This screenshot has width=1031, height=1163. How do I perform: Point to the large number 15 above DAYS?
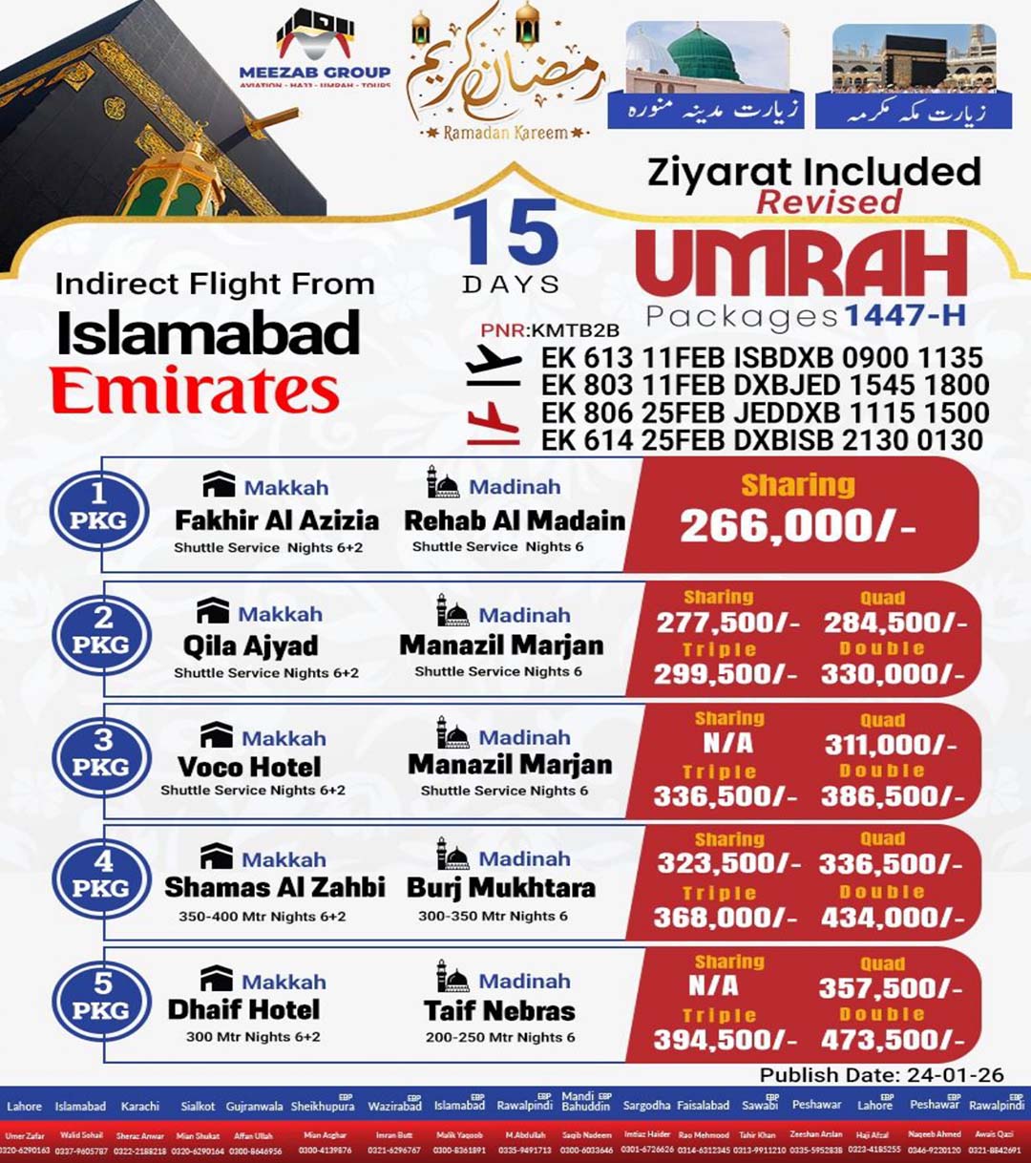pyautogui.click(x=505, y=234)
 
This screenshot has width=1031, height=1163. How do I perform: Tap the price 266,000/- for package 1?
pyautogui.click(x=796, y=526)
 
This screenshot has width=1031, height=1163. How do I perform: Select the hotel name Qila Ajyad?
pyautogui.click(x=251, y=645)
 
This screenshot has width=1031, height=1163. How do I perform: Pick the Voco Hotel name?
pyautogui.click(x=249, y=767)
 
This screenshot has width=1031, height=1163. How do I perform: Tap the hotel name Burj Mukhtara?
pyautogui.click(x=501, y=888)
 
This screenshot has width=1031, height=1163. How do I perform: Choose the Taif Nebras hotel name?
pyautogui.click(x=499, y=1010)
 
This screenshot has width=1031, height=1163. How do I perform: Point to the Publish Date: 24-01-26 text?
pyautogui.click(x=881, y=1074)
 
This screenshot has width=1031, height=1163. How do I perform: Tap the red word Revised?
pyautogui.click(x=829, y=201)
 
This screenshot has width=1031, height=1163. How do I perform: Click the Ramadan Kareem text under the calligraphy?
pyautogui.click(x=505, y=134)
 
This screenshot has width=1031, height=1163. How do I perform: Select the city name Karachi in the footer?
pyautogui.click(x=140, y=1106)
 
